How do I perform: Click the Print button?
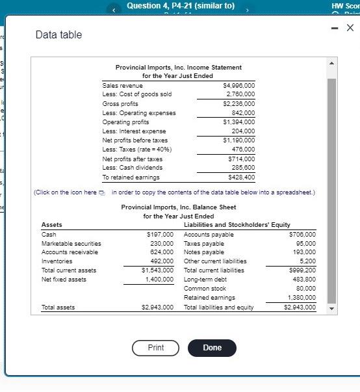156,348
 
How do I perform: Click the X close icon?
350,27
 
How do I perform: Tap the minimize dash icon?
333,27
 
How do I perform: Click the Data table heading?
58,34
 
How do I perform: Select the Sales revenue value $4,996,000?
238,85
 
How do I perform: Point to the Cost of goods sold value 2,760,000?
240,94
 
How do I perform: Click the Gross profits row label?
120,103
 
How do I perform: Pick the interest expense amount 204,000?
242,131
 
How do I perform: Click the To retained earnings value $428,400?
240,177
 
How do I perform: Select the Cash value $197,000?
161,234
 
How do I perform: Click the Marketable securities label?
71,243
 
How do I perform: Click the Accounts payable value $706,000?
302,234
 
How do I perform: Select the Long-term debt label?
205,279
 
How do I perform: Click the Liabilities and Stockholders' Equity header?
237,225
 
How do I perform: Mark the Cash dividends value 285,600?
242,167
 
